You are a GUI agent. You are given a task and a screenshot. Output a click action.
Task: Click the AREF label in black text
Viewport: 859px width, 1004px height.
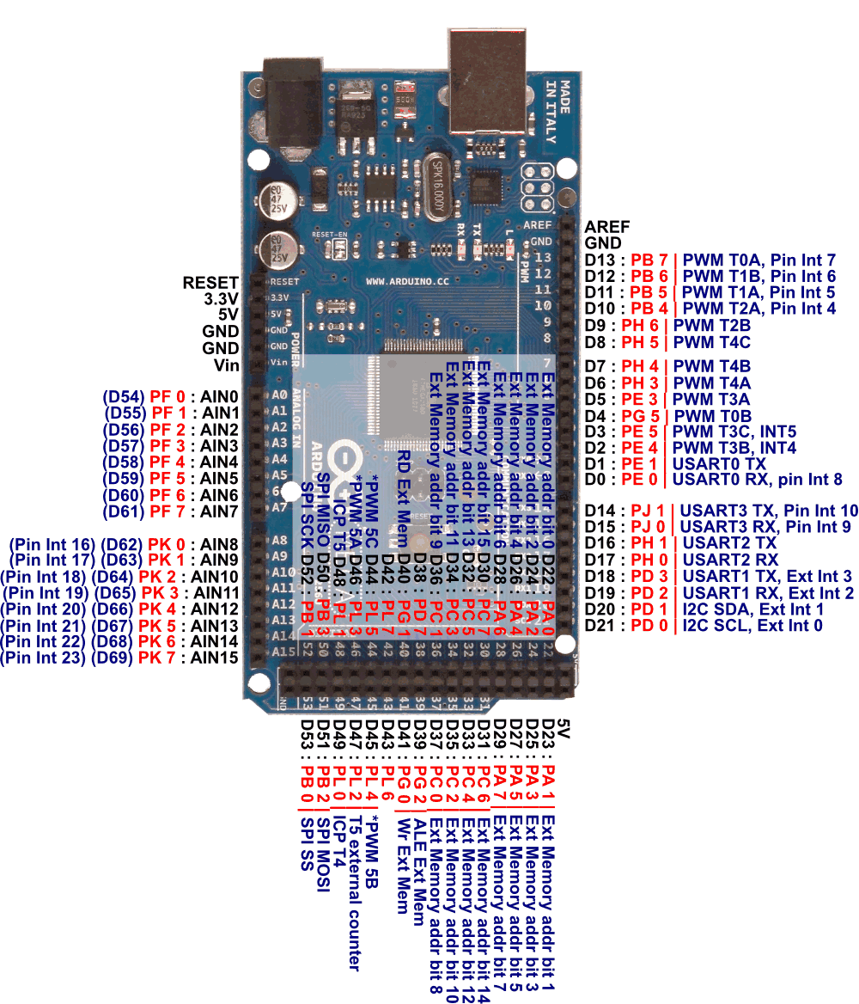606,227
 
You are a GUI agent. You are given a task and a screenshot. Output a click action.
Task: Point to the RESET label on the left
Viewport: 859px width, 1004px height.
210,283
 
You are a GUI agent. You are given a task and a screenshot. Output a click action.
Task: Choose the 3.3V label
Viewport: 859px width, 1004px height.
221,299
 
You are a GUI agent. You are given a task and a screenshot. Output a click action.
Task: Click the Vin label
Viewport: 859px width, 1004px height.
226,364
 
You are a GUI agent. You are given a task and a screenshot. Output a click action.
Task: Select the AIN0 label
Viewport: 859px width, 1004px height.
219,397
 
